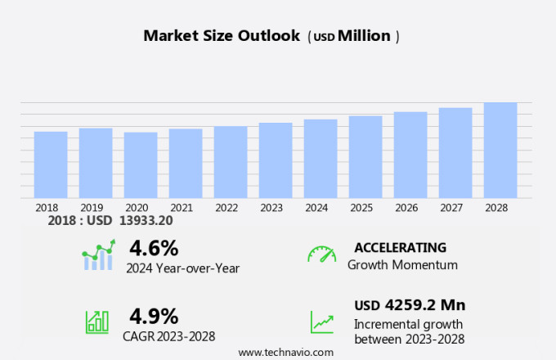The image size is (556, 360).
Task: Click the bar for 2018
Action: click(51, 164)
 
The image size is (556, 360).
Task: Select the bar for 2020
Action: click(141, 164)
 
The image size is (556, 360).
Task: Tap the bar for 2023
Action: click(276, 160)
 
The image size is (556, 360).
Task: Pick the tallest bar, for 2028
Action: click(500, 150)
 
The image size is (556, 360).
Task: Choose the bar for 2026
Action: click(410, 155)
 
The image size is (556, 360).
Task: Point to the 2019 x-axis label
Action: click(92, 208)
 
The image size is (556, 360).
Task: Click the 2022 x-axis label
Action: click(226, 208)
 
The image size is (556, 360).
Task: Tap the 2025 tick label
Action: click(361, 208)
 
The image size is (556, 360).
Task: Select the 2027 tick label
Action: click(451, 208)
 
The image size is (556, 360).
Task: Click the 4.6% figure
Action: click(154, 247)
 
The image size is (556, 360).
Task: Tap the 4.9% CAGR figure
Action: click(154, 315)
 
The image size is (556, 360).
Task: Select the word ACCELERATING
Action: click(400, 247)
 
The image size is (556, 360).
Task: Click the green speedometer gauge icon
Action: click(321, 254)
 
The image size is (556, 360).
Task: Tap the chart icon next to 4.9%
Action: click(97, 322)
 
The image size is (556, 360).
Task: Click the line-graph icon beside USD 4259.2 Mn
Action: click(321, 322)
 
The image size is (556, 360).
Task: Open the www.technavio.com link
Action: click(286, 352)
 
